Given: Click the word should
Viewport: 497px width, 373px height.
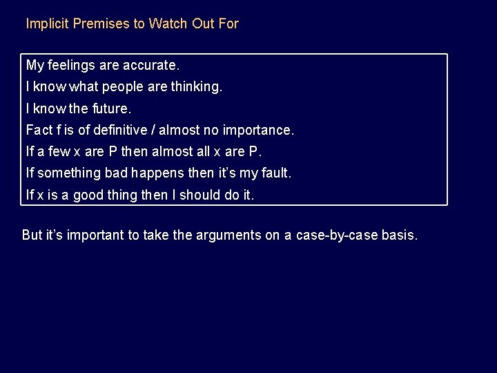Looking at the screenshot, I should point(201,195).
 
